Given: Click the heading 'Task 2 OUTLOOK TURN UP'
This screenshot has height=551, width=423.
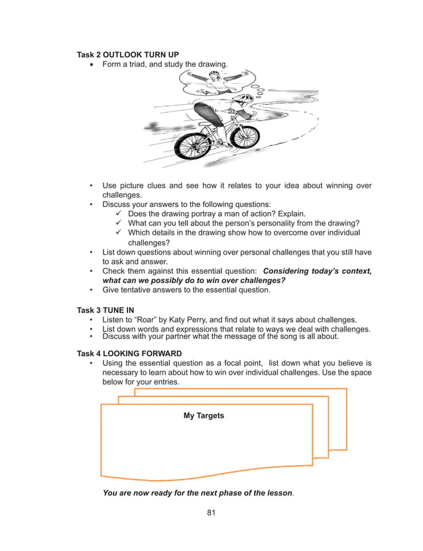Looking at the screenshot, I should coord(127,54).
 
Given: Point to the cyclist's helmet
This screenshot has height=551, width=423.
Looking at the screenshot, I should coord(243,99).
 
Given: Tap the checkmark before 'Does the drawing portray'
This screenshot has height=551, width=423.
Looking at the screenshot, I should coord(119,214).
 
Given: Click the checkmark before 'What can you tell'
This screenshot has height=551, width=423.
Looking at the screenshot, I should coord(119,223).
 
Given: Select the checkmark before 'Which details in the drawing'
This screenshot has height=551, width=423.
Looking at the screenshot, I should coord(119,233).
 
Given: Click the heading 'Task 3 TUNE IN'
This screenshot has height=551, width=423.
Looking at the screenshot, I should coord(109,310).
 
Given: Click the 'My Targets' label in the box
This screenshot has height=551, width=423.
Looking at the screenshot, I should coord(204,416).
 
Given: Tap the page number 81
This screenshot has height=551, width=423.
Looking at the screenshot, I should coord(211,513).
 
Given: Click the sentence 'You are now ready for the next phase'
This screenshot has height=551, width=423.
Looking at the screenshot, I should coord(198,493).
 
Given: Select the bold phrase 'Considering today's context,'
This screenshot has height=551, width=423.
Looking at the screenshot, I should coord(317,271).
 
